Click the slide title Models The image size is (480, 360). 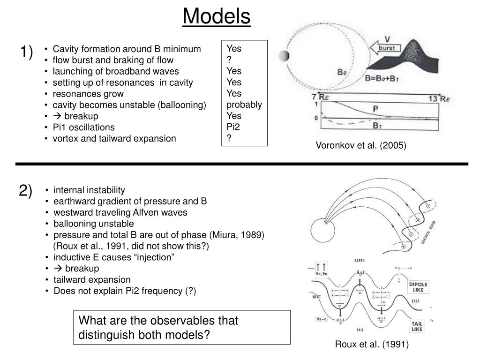217,17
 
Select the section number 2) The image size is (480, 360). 26,191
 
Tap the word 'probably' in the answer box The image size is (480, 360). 244,105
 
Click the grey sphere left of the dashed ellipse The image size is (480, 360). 283,56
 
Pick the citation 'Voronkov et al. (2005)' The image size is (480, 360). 361,146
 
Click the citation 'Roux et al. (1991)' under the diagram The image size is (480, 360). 372,345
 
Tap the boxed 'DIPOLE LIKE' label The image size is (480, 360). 418,287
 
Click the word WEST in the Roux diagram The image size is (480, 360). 314,297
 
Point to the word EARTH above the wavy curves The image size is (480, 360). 360,260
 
